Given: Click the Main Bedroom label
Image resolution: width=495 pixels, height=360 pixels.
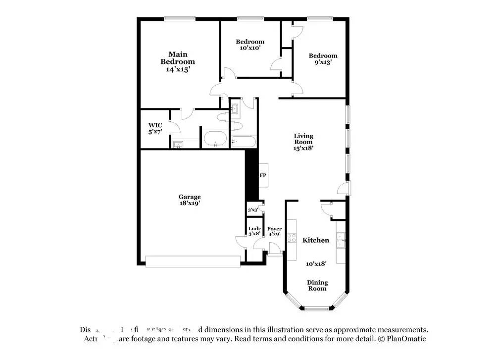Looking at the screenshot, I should (177, 58).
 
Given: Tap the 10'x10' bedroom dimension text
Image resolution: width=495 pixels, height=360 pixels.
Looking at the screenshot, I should (250, 48).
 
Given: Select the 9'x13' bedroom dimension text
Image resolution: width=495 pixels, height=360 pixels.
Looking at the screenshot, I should (323, 62).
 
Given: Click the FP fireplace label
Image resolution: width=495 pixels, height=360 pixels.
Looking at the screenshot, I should (263, 175).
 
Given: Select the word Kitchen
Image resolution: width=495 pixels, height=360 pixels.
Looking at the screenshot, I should (316, 240).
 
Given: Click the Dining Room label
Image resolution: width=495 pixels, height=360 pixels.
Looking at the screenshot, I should (317, 286).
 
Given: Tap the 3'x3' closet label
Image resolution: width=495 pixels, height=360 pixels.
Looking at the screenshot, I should (253, 210).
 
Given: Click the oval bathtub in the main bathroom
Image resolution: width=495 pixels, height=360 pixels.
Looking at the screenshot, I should (215, 140).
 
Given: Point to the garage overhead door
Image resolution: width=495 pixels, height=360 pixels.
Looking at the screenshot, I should (193, 261).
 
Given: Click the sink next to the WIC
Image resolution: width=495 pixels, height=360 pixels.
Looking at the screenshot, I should (178, 144).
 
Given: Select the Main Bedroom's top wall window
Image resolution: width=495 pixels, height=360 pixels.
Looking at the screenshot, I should (179, 19).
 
